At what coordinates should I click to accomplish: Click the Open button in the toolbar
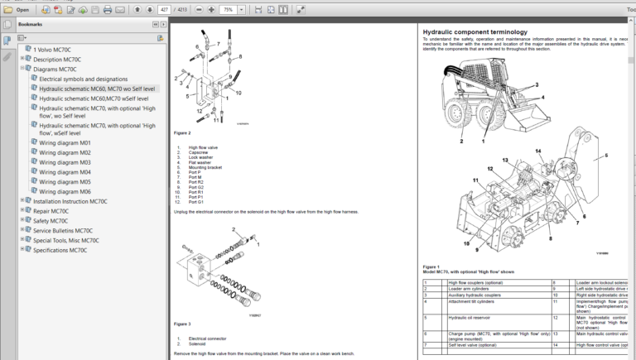tap(17, 10)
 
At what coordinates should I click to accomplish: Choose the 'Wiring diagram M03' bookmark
tap(65, 162)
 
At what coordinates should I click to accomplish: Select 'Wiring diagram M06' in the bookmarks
tap(65, 191)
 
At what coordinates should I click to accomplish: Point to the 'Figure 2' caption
tap(182, 132)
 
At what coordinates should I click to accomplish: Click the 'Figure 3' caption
tap(182, 324)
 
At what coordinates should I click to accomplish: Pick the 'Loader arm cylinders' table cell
tap(471, 289)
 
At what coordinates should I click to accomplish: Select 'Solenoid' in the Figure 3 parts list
tap(196, 343)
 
